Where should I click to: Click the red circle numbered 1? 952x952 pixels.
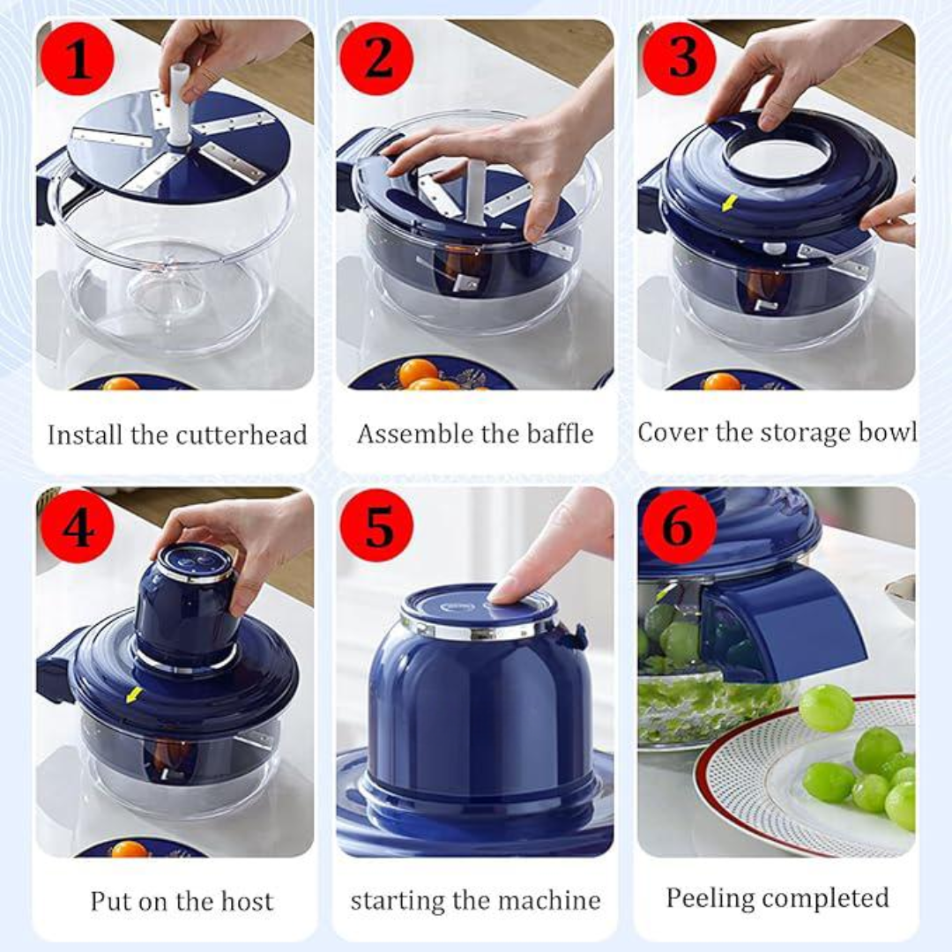tap(77, 59)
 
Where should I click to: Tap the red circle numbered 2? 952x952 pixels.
tap(376, 59)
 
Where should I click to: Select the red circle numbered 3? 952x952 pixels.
tap(679, 59)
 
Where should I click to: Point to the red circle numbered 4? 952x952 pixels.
tap(77, 526)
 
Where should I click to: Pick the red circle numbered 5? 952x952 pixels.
tap(376, 526)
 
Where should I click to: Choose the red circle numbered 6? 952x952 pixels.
tap(679, 526)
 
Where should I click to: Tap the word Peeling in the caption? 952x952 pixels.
tap(709, 899)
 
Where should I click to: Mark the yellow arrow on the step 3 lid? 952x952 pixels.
tap(729, 203)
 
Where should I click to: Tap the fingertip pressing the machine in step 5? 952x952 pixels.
tap(504, 590)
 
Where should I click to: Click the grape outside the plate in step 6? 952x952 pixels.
tap(826, 708)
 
